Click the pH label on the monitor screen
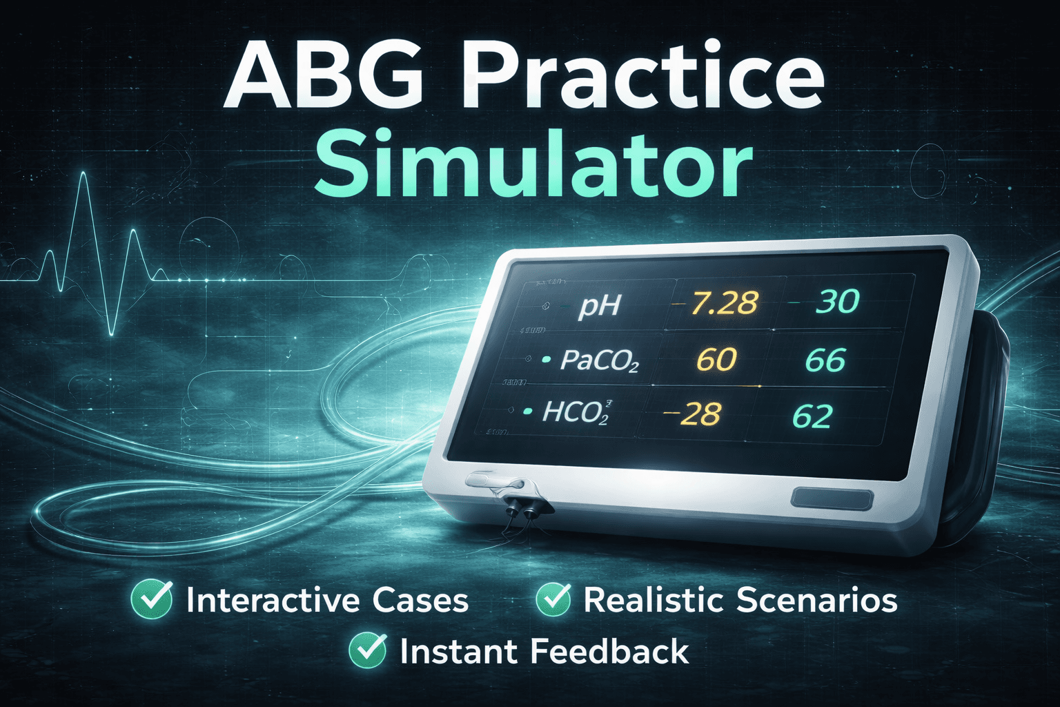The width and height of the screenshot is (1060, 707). [599, 304]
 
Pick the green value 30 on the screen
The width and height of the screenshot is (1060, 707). [836, 301]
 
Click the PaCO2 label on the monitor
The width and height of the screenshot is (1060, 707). [599, 360]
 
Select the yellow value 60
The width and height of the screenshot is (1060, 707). [716, 360]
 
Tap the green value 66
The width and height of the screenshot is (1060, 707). [825, 360]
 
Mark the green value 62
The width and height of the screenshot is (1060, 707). [812, 416]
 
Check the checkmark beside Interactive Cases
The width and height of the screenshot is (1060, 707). [152, 599]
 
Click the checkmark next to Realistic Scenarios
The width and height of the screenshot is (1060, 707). [553, 599]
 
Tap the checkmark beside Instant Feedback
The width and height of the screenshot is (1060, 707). [367, 650]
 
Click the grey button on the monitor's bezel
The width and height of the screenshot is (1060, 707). [832, 499]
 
